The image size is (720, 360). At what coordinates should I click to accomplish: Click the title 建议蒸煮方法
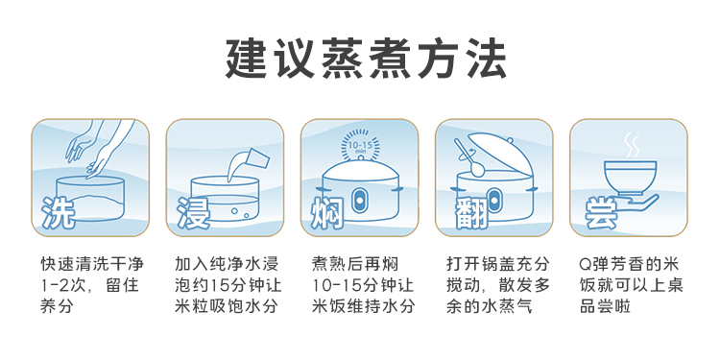(x=366, y=60)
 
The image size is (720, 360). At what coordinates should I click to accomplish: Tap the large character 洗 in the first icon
(x=59, y=212)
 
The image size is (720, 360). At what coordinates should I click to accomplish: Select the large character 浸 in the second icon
(x=193, y=212)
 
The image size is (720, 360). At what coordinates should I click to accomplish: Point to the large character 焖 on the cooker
(x=327, y=212)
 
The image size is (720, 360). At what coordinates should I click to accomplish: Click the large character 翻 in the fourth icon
(x=471, y=212)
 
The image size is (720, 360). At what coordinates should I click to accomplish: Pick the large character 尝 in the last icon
(x=601, y=214)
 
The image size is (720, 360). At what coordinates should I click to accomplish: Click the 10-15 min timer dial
(x=360, y=144)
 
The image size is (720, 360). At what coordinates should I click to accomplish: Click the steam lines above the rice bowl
(x=632, y=145)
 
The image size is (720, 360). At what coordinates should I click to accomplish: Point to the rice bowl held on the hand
(x=630, y=177)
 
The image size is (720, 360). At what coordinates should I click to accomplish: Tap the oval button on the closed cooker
(x=359, y=200)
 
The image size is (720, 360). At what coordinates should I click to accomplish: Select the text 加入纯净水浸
(x=227, y=264)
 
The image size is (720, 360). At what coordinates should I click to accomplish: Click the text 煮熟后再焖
(x=354, y=264)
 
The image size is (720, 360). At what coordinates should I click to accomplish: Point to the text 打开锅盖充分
(x=497, y=264)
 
